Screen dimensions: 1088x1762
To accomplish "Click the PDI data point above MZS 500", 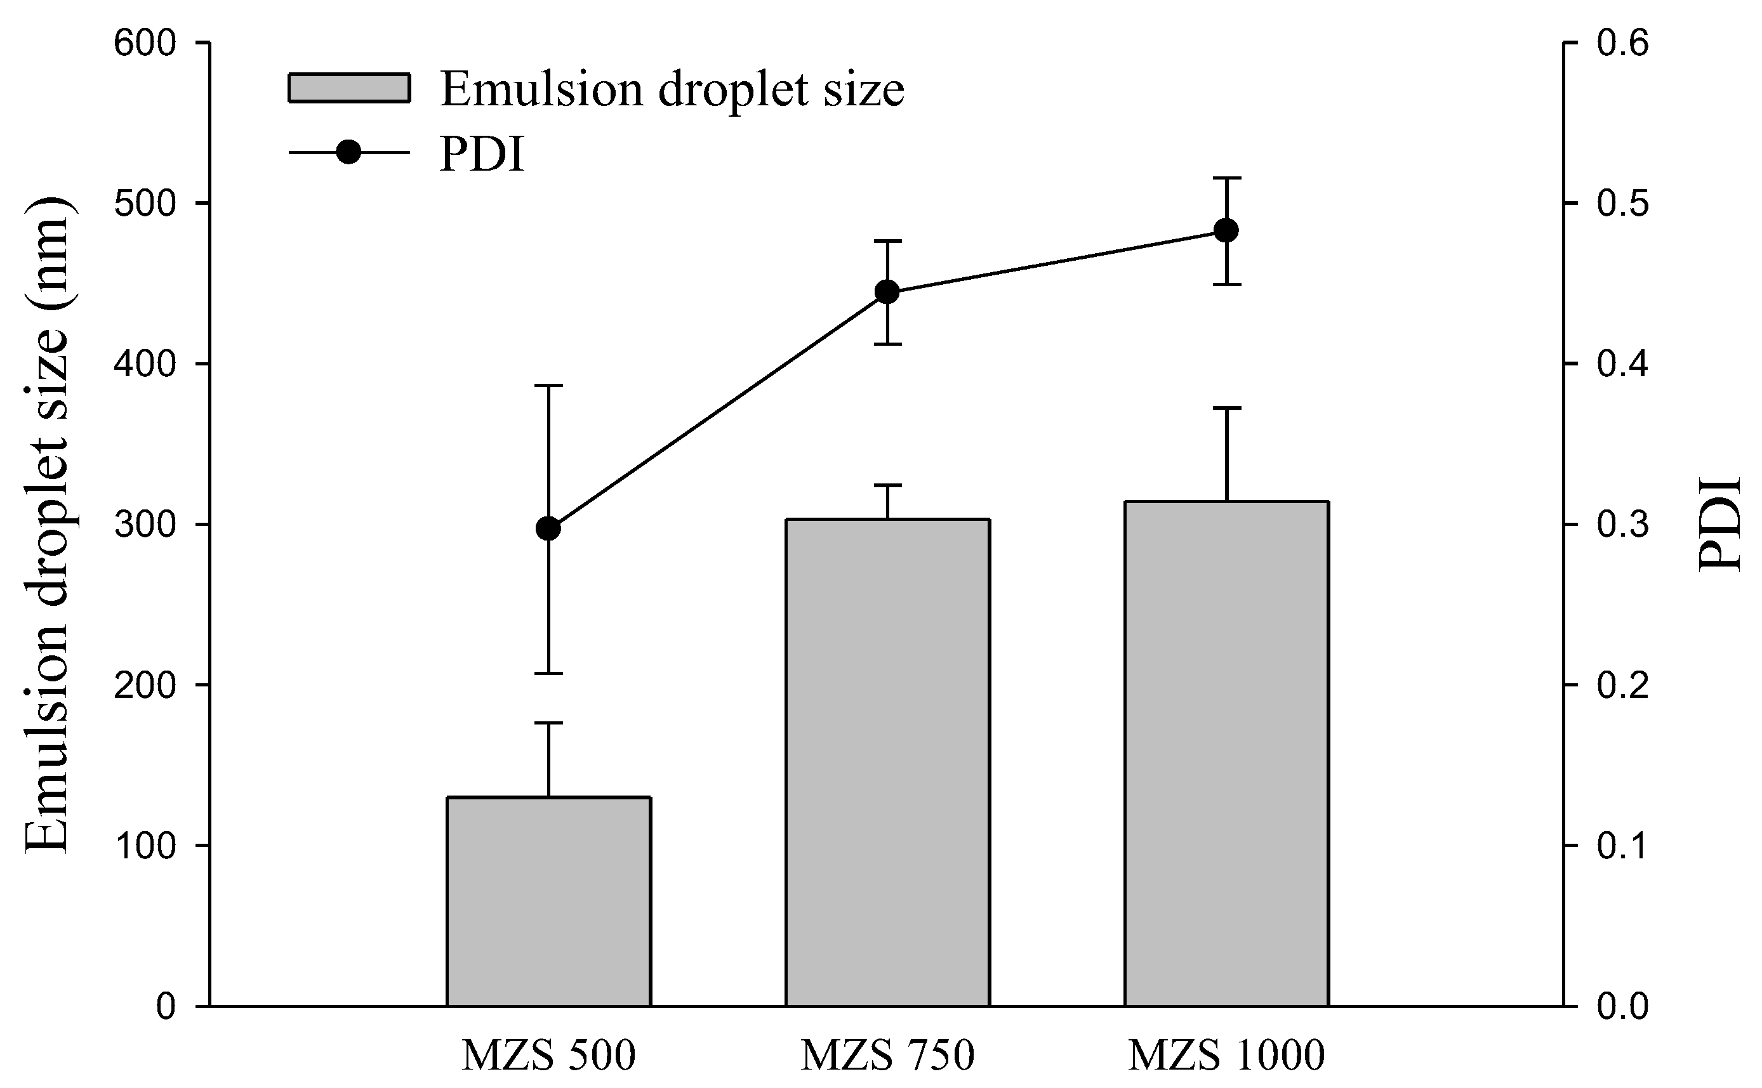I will [548, 528].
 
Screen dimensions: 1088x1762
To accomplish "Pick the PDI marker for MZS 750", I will [887, 293].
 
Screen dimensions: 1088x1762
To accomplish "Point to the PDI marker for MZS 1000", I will [1226, 231].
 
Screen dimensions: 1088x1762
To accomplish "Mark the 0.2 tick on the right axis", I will [1622, 685].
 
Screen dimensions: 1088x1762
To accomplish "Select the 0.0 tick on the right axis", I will [1622, 1006].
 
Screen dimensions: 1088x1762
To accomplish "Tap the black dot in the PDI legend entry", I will [349, 152].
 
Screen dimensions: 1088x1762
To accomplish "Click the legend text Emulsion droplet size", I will [672, 90].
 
